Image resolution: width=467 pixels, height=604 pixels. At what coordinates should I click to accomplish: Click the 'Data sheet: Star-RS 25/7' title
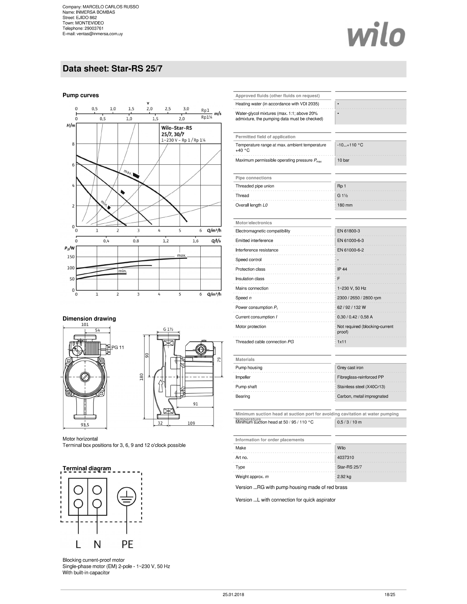coord(112,69)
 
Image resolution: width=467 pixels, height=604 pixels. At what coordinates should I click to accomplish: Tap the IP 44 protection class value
coord(342,269)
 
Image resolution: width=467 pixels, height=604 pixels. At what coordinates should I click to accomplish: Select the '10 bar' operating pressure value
coord(343,160)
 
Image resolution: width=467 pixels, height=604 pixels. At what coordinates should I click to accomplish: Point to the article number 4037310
coord(345,458)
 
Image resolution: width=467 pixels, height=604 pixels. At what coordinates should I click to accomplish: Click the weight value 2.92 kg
coord(344,477)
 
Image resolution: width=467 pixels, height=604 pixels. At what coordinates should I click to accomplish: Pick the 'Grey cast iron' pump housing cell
coord(350,368)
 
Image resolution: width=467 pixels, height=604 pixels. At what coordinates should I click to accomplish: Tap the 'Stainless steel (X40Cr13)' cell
coord(361,387)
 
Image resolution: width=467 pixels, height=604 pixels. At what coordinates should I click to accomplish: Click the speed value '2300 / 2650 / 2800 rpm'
coord(359,298)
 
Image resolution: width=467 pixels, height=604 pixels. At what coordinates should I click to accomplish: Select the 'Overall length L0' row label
coord(251,205)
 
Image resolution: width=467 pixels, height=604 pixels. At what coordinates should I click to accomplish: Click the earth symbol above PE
coord(126,497)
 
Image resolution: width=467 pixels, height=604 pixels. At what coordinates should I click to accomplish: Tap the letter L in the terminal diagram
coord(78,544)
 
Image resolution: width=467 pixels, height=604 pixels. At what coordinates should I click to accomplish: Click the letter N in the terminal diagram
coord(97,544)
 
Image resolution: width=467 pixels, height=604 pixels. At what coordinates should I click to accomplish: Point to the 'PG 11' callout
coord(118,347)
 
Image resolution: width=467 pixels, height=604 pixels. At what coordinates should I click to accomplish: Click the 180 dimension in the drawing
coord(141,377)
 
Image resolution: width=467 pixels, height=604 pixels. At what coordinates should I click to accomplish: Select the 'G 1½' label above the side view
coord(168,329)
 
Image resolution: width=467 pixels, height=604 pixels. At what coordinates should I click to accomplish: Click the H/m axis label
coord(71,126)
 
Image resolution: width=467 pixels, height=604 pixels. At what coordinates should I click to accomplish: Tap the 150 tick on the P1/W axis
coord(71,257)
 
